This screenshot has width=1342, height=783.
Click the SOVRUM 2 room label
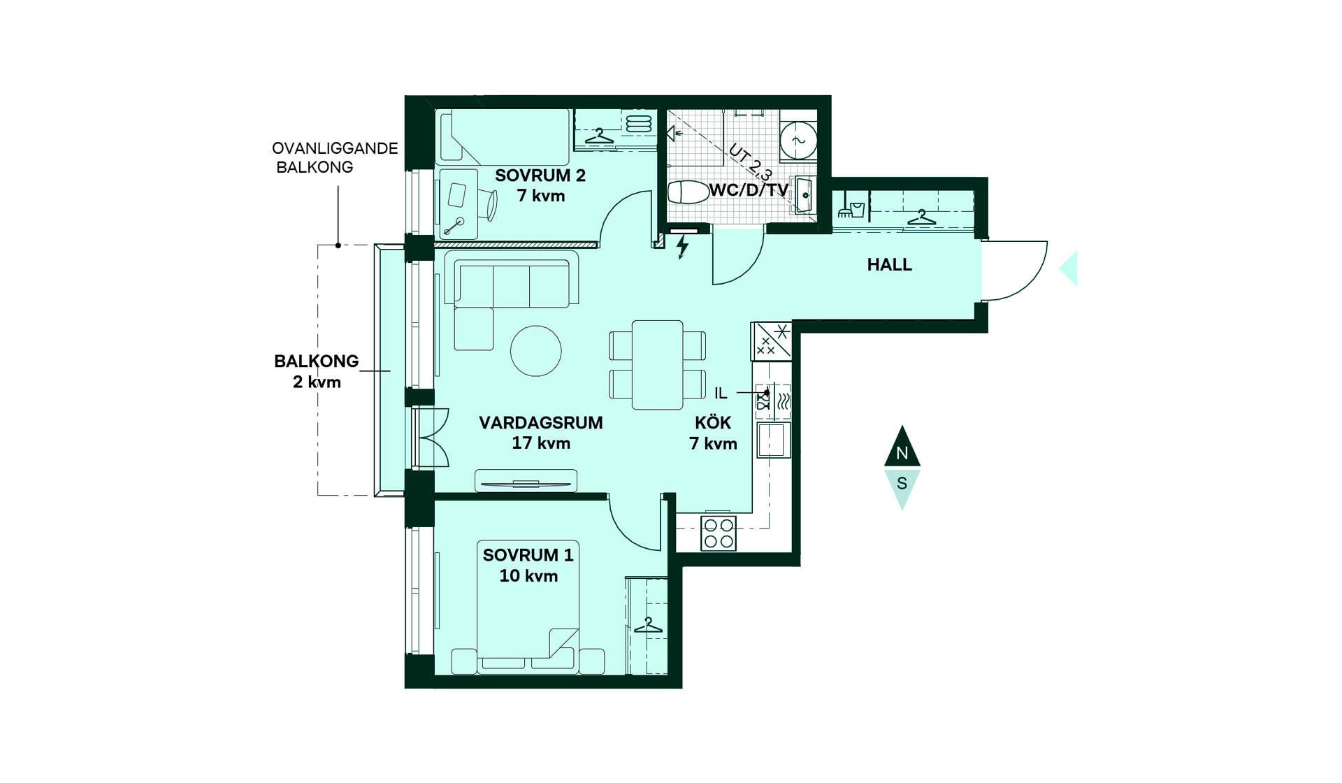(x=540, y=175)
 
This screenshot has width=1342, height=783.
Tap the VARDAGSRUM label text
(x=541, y=423)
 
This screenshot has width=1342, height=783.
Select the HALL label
(x=889, y=265)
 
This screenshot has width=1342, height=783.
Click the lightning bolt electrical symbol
(x=682, y=247)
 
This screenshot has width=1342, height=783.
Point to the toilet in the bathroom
(x=689, y=192)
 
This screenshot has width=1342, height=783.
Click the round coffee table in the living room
(x=536, y=351)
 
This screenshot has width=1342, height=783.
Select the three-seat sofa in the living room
(x=517, y=284)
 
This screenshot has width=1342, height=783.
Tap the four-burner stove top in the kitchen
(x=719, y=533)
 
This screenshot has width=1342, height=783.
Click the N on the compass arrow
(x=902, y=453)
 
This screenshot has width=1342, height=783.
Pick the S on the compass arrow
(x=902, y=483)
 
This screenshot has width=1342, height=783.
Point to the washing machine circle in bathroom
(x=798, y=141)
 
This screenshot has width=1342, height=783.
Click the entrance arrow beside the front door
(x=1069, y=269)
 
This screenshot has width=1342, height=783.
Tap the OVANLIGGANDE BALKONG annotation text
(x=335, y=157)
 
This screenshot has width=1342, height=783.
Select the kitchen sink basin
(x=773, y=440)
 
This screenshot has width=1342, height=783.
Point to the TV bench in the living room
(x=526, y=481)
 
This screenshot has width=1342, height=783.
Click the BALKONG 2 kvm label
(x=317, y=371)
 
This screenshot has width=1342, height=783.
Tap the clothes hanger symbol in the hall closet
(x=922, y=217)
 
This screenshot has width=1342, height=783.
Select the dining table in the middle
(x=658, y=365)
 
